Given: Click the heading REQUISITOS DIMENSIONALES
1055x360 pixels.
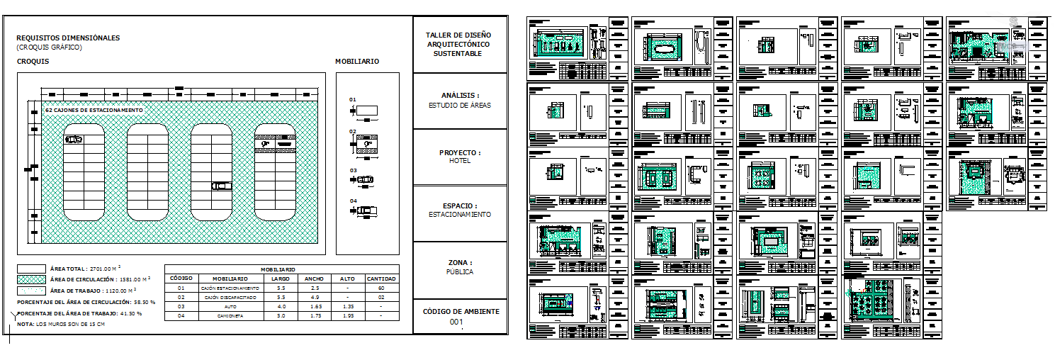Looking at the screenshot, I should [x=68, y=38].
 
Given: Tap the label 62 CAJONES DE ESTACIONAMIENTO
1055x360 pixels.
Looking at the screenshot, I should [x=94, y=111].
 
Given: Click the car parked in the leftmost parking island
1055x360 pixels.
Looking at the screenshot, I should [x=74, y=140].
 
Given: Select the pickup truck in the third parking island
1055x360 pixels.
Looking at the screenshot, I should [x=221, y=186].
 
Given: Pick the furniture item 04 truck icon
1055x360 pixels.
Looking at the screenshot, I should [x=365, y=210].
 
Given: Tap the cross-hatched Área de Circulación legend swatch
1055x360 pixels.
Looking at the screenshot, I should [x=30, y=279].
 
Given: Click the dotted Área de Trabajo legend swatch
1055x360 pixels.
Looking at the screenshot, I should [x=30, y=290].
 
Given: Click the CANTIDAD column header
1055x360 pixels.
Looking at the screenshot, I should [x=381, y=279].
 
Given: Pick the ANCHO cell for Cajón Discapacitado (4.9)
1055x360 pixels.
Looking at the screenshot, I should [x=314, y=297].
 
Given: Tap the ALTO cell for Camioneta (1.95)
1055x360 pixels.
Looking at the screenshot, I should [x=348, y=316].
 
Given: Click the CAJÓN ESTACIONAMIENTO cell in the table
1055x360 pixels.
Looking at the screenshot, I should [x=230, y=288].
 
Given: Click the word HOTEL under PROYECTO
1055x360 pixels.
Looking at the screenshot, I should [x=459, y=161].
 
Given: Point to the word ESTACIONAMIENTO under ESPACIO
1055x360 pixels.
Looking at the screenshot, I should [x=459, y=215].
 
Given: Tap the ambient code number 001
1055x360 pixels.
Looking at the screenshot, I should [x=456, y=322].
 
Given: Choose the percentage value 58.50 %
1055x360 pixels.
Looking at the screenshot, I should [x=144, y=302].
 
